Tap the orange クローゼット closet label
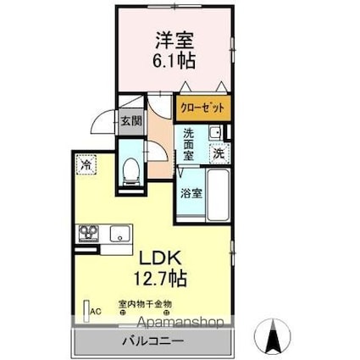click(x=203, y=108)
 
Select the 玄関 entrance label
click(x=130, y=121)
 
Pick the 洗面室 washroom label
click(x=189, y=143)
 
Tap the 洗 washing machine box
click(x=218, y=154)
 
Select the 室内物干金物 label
click(x=145, y=302)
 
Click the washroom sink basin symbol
click(x=215, y=132)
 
